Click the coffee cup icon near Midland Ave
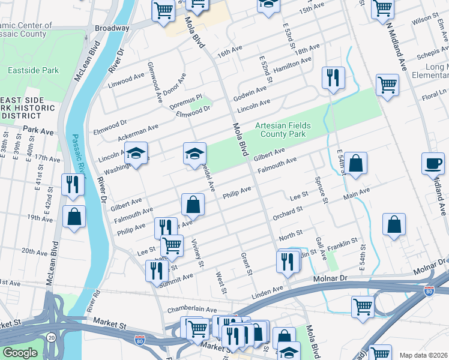433,163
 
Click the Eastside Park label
33,70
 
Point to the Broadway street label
112,28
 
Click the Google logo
20,352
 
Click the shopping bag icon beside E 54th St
355,164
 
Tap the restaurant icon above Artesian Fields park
333,79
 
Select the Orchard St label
285,214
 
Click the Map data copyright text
423,355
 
